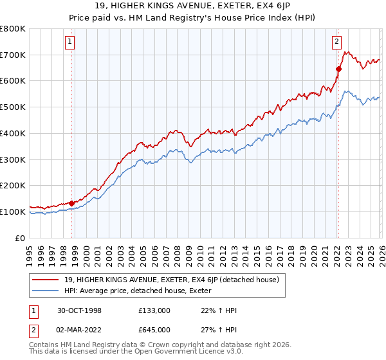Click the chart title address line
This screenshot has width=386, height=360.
point(193,6)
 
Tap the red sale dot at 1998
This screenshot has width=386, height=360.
point(71,203)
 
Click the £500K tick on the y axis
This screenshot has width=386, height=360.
point(13,107)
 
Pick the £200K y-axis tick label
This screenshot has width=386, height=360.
point(13,186)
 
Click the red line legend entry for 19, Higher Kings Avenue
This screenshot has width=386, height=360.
point(171,280)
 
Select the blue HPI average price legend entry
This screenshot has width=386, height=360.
point(142,291)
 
